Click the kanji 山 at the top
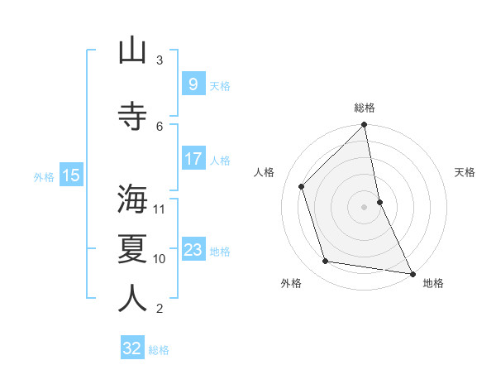tap(132, 51)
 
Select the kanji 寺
tap(132, 117)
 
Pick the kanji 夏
tap(132, 249)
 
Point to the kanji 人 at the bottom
tap(132, 299)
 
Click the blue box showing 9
tap(193, 84)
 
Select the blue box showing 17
tap(193, 159)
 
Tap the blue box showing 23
tap(193, 250)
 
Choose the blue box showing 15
tap(70, 175)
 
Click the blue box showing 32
tap(132, 348)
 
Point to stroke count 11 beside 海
tap(160, 209)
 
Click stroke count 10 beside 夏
tap(160, 259)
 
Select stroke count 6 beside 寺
tap(160, 126)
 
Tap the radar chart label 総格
tap(365, 108)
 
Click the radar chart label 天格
tap(465, 172)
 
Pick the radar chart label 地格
tap(433, 283)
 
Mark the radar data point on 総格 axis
tap(364, 125)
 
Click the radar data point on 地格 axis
tap(412, 273)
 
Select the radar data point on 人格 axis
tap(302, 186)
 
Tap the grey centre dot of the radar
tap(364, 207)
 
